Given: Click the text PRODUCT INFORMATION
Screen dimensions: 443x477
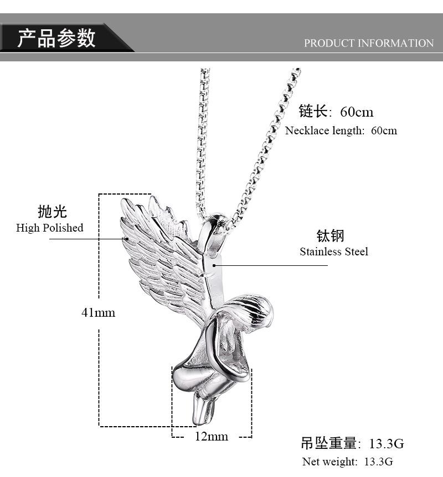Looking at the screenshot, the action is click(368, 43).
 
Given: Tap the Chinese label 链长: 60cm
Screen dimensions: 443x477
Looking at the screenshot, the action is click(336, 112).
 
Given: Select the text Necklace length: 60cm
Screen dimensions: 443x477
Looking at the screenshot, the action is click(341, 131).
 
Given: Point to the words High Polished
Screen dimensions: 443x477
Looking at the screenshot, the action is click(50, 228).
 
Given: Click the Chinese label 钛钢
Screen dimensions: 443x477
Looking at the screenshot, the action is click(331, 235).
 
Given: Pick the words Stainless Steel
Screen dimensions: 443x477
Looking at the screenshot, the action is click(334, 251).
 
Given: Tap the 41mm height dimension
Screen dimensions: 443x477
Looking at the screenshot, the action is click(99, 312).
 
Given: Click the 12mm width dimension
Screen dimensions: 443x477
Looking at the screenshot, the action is click(212, 436).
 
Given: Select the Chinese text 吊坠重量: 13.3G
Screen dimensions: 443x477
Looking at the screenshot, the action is click(352, 443).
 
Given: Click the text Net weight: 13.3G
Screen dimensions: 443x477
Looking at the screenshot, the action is click(347, 462).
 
